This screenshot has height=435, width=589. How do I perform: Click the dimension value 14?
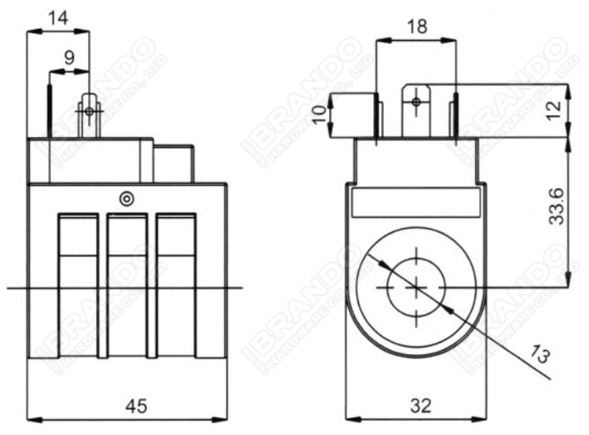[58, 18]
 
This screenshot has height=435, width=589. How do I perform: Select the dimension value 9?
[69, 57]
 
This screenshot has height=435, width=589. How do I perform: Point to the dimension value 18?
[417, 27]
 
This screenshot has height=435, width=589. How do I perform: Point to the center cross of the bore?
[414, 288]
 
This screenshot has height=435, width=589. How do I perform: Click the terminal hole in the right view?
[416, 100]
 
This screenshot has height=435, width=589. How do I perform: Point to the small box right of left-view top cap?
[174, 164]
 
